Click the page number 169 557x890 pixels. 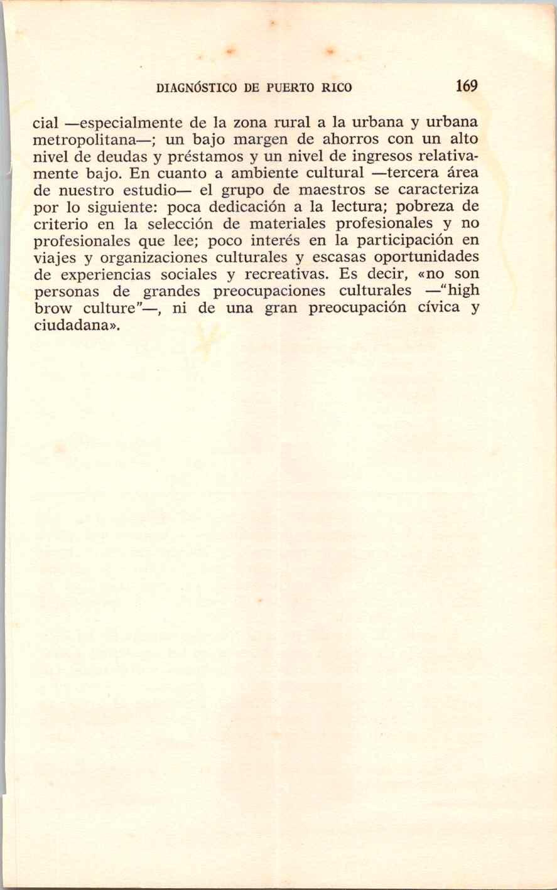[467, 86]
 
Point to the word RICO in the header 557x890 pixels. [337, 88]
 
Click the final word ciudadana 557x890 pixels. [71, 326]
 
